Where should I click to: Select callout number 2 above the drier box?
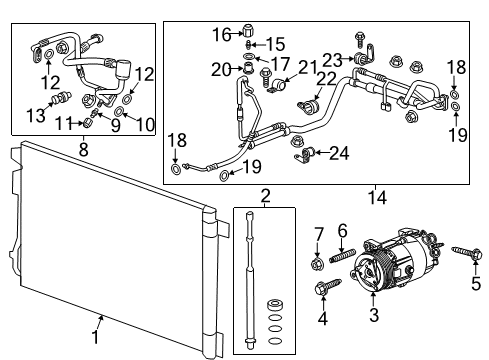tap(265, 196)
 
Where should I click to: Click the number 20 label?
tap(221, 68)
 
